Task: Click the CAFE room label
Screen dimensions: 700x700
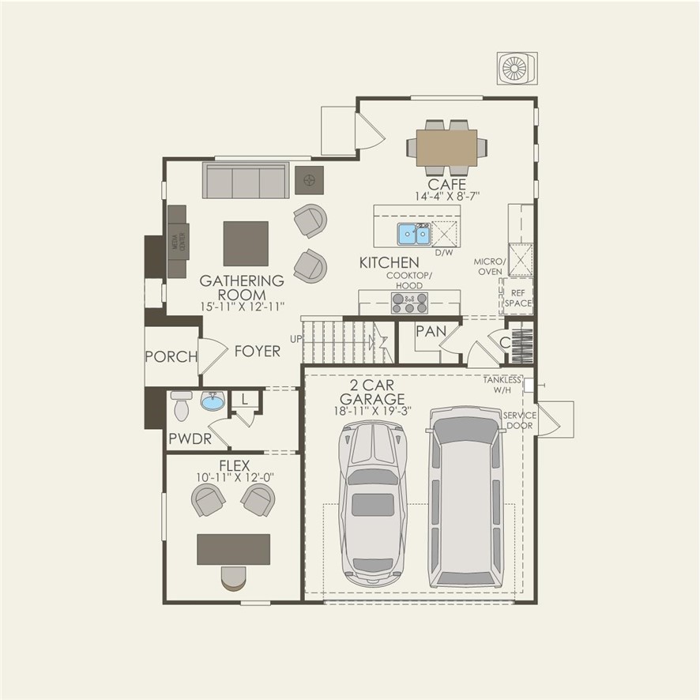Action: coord(447,185)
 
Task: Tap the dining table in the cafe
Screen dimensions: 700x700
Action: coord(447,147)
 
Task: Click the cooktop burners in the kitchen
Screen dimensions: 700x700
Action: coord(409,303)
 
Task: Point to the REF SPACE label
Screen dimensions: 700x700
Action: coord(518,297)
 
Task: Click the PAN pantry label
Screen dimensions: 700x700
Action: coord(431,332)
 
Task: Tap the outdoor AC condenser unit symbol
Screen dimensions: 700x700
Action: coord(517,69)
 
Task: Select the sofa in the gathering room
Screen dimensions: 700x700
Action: coord(246,181)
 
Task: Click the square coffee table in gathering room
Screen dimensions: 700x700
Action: coord(246,243)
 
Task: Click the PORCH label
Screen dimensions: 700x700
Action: coord(171,356)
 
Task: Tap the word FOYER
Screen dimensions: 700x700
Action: coord(257,351)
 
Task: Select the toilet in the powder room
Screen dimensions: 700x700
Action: coord(182,406)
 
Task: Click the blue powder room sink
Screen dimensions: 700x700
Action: coord(212,402)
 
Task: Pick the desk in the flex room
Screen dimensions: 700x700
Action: coord(233,549)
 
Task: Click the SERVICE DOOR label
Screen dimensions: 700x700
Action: coord(519,420)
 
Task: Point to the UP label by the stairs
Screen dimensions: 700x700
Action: coord(295,338)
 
